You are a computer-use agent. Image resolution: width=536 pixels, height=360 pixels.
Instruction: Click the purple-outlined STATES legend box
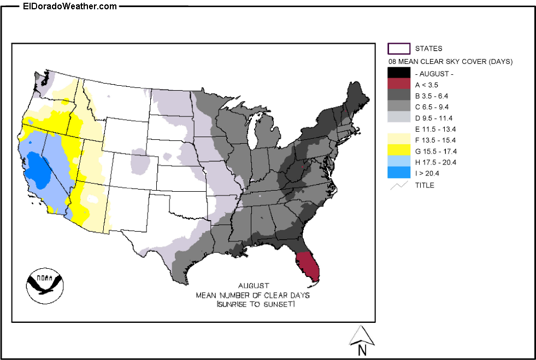398,49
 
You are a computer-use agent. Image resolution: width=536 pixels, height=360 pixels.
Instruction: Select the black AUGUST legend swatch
398,73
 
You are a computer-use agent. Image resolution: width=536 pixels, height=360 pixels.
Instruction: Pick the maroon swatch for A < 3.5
398,84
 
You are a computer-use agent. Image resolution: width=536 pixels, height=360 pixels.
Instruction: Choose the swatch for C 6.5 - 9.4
398,107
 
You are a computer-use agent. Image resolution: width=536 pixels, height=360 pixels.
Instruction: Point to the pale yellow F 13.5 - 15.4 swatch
398,140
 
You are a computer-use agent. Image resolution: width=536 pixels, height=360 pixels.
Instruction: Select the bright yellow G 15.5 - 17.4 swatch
398,151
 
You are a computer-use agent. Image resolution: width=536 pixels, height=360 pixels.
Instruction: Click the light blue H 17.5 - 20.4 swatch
398,162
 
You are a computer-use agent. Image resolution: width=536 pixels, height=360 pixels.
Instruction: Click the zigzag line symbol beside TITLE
398,185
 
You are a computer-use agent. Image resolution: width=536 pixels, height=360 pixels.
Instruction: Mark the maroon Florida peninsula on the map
308,267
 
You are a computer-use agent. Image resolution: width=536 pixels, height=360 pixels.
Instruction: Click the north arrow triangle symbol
361,335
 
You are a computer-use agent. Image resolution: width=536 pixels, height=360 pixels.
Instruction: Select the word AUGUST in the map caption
254,286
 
